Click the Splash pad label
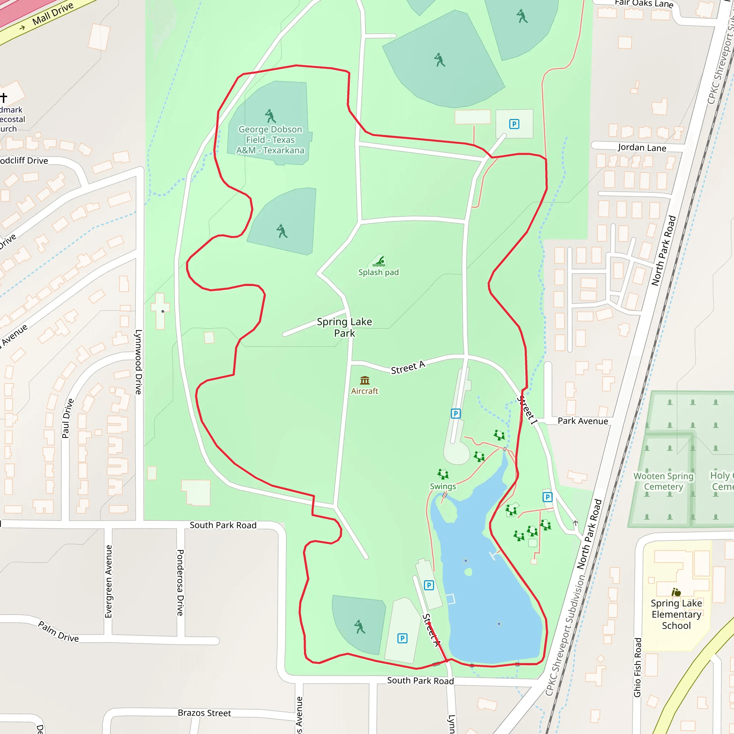[378, 272]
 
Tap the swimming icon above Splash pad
[380, 261]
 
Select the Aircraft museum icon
[365, 380]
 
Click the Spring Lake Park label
[344, 327]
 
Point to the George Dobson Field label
[270, 140]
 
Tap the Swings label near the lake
[443, 486]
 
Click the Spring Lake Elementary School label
[676, 614]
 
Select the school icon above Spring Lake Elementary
[676, 592]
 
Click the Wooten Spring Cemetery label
[663, 481]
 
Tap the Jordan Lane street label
[642, 147]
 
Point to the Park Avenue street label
[583, 421]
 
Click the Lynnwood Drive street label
[139, 362]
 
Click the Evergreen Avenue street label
[109, 581]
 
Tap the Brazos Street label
[204, 713]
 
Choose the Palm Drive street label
[58, 632]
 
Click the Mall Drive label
[53, 14]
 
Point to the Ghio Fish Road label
[638, 667]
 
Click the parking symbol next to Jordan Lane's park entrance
[514, 124]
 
